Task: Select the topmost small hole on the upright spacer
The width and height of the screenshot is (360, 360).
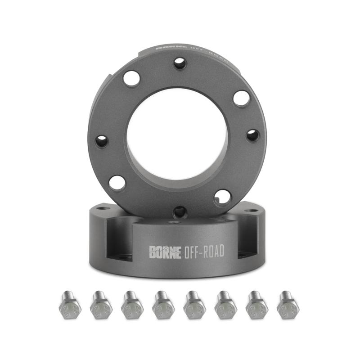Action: pyautogui.click(x=180, y=63)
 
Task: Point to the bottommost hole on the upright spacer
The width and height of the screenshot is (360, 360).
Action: pyautogui.click(x=180, y=211)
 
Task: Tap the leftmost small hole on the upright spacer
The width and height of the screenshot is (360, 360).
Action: pyautogui.click(x=102, y=141)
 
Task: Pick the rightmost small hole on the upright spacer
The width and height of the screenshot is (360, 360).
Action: pyautogui.click(x=252, y=135)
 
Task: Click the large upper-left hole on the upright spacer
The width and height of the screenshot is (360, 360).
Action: pyautogui.click(x=131, y=79)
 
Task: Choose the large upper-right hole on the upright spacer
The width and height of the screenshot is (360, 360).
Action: pyautogui.click(x=242, y=98)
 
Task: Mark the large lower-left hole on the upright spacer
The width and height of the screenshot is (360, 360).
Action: pyautogui.click(x=117, y=183)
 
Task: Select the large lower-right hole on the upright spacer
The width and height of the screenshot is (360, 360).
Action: pyautogui.click(x=222, y=196)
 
